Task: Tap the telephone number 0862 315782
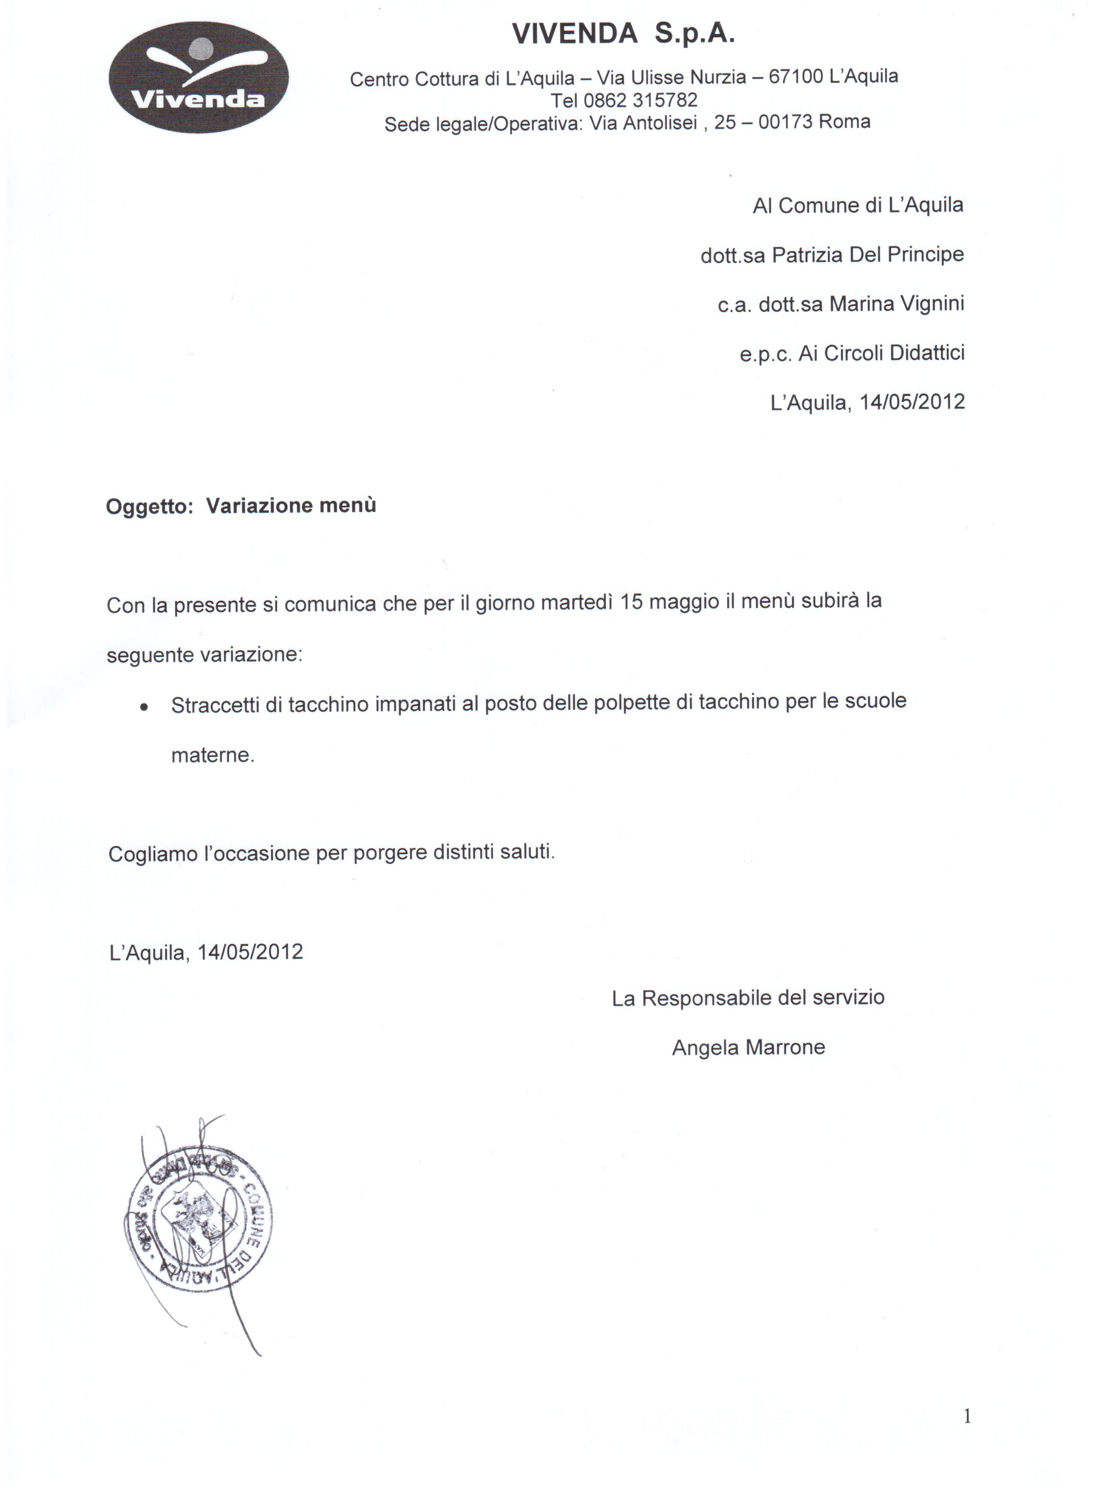click(x=641, y=100)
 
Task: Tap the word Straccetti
click(x=215, y=705)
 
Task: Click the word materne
click(x=212, y=756)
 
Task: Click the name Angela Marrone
click(x=748, y=1048)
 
